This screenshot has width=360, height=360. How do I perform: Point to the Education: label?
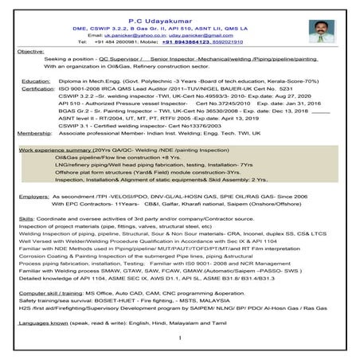tap(34, 81)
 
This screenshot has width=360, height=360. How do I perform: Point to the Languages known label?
tap(49, 325)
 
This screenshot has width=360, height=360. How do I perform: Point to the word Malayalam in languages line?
tap(197, 325)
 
